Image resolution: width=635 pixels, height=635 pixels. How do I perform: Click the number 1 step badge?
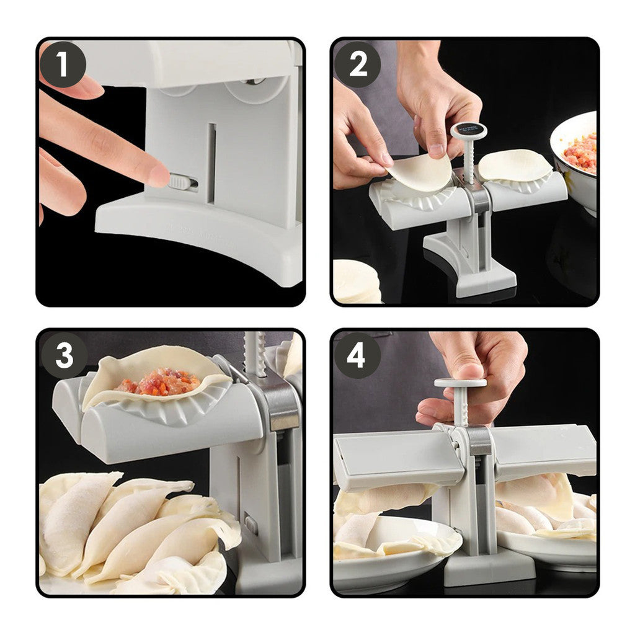point(63,64)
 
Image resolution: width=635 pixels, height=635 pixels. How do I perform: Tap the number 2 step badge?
point(358,64)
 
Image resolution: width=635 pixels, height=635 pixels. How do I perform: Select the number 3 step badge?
point(63,355)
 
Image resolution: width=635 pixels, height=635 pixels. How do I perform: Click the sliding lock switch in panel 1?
point(183,182)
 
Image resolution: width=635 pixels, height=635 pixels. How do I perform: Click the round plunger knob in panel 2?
point(469,130)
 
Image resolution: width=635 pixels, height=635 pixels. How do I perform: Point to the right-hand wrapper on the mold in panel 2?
point(514,166)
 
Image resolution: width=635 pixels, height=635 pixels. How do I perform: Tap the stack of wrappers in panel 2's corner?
point(357,282)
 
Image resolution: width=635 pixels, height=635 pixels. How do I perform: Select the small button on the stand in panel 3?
point(251,524)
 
